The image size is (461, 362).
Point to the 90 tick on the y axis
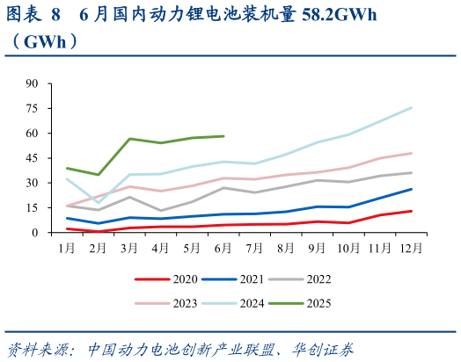point(33,83)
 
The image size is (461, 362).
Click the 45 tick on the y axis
point(33,158)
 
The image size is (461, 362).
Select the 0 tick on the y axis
point(35,233)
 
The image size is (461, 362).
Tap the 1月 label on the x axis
point(67,249)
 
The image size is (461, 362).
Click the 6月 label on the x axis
point(223,249)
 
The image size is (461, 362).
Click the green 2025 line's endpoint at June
point(223,136)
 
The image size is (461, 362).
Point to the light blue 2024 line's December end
point(411,107)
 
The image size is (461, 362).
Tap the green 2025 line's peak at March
point(129,139)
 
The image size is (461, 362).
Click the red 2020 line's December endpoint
point(411,211)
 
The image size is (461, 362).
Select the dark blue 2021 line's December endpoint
point(411,189)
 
